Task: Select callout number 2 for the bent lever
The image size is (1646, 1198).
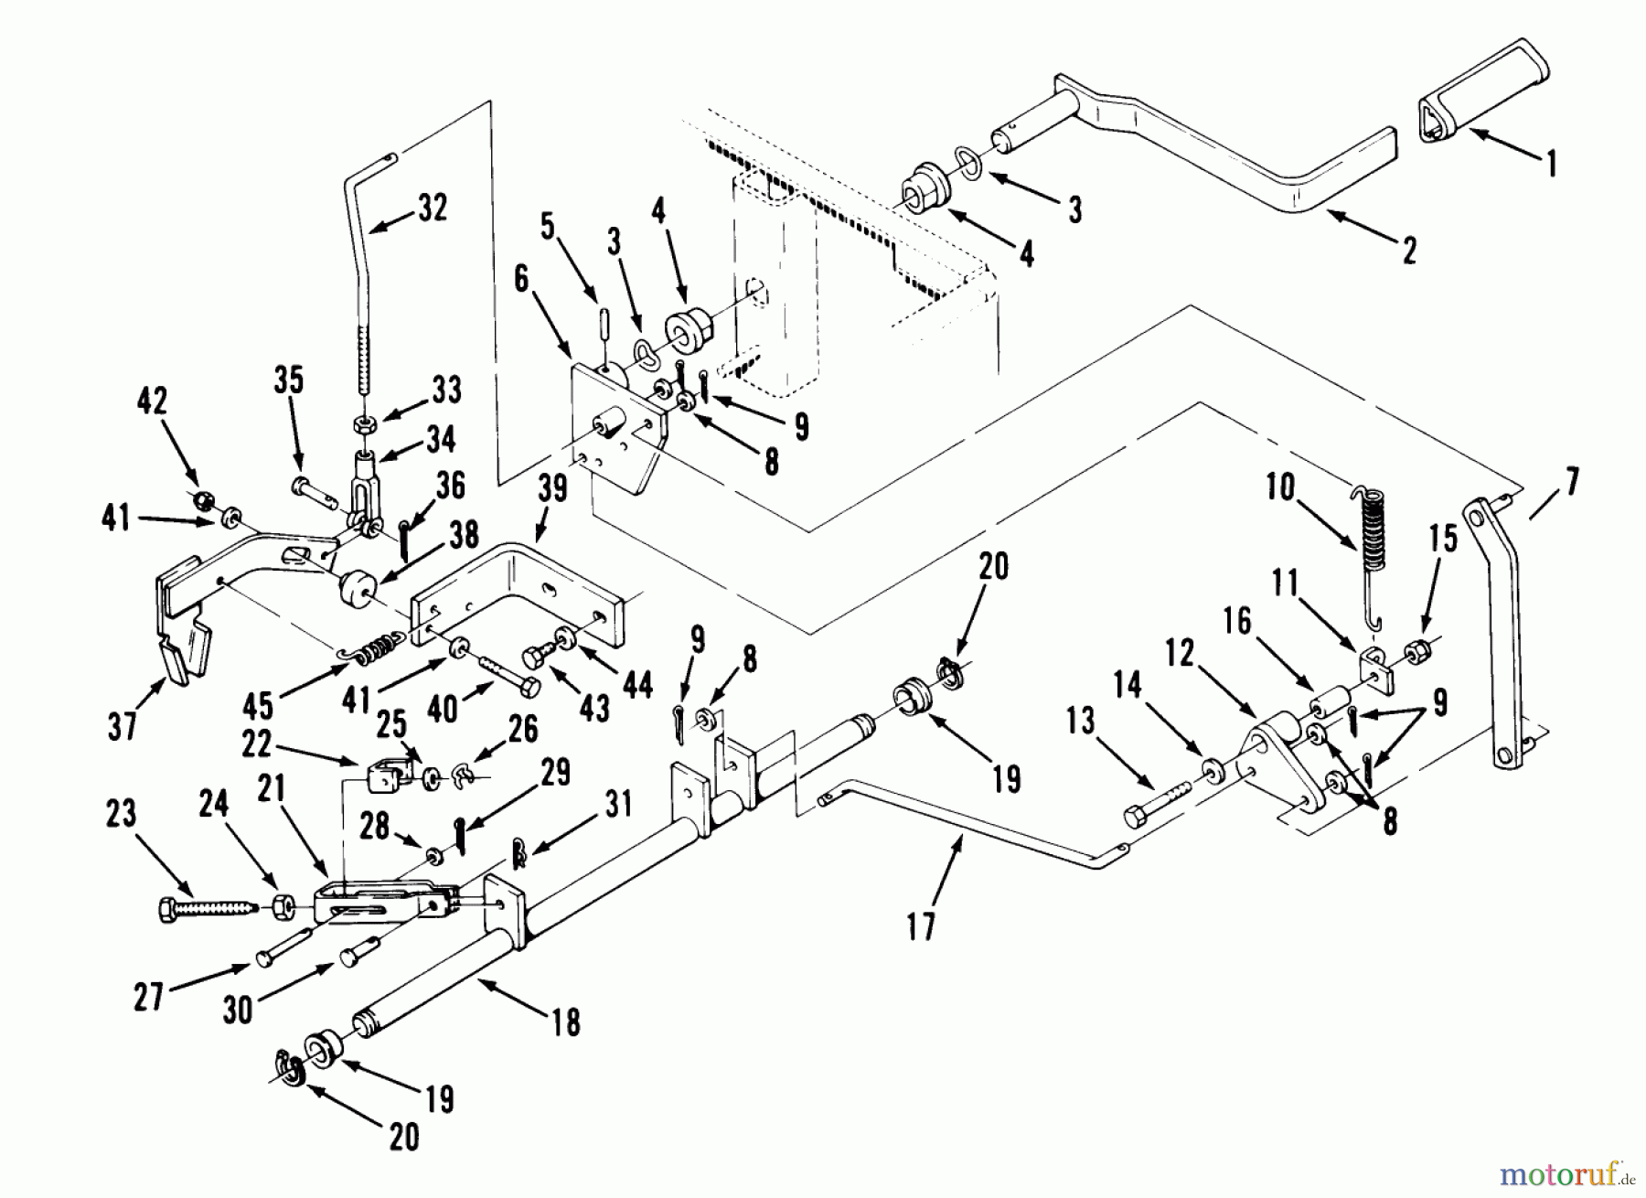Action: (x=1409, y=250)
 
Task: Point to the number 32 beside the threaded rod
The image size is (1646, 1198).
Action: (x=433, y=209)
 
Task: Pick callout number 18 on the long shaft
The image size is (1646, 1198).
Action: (x=567, y=1022)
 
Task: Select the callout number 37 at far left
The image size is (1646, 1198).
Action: (x=122, y=726)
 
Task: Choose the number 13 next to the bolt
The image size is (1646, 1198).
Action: (x=1080, y=720)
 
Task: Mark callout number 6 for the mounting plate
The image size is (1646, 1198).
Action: (x=522, y=279)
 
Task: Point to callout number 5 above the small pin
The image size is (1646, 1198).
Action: (x=548, y=224)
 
